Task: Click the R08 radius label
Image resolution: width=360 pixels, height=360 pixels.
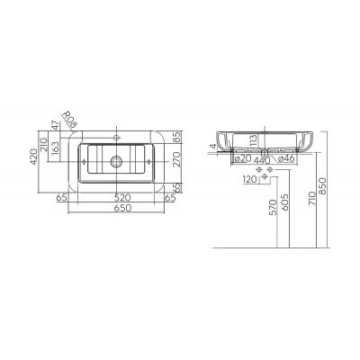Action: pos(69,121)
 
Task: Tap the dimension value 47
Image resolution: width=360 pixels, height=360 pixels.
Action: pos(55,125)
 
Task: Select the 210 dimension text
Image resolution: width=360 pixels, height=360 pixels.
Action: pos(44,143)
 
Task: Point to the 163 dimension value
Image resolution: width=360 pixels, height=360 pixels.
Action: pos(55,148)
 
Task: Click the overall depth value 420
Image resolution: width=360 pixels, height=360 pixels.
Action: pos(34,157)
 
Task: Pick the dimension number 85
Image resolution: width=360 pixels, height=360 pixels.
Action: pos(177,137)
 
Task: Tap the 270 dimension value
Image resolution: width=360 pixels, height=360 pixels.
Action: pos(177,159)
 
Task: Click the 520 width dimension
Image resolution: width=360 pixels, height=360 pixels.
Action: pos(123,198)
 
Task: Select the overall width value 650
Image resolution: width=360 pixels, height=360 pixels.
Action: pos(123,208)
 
